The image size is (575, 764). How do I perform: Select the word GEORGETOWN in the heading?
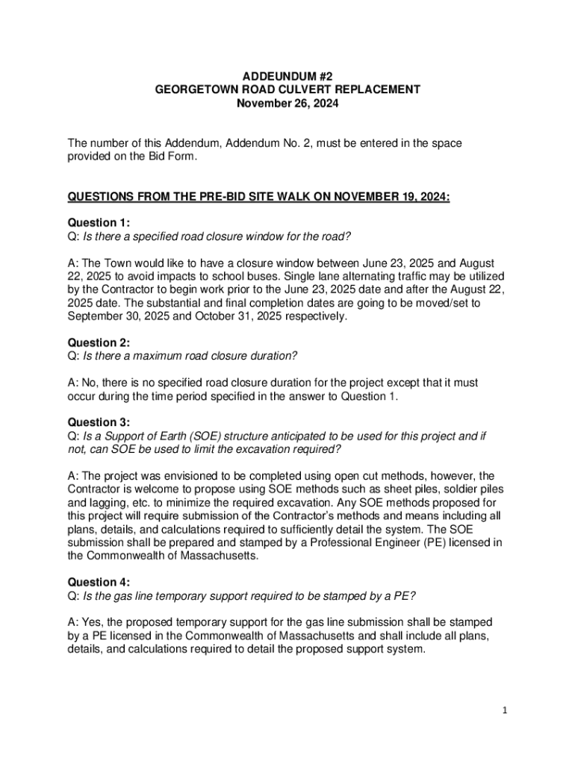click(191, 90)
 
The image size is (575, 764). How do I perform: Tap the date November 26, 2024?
click(287, 104)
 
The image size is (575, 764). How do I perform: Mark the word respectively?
click(314, 316)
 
